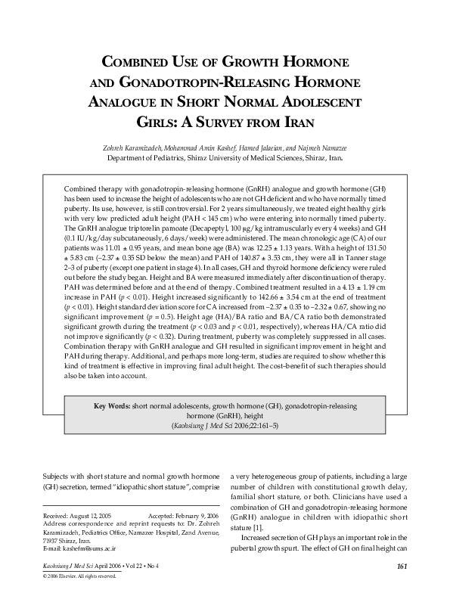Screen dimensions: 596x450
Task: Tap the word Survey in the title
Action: [x=240, y=122]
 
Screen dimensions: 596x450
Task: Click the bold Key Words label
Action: [x=111, y=406]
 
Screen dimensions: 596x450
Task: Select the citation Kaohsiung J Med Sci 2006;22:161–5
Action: [x=225, y=427]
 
